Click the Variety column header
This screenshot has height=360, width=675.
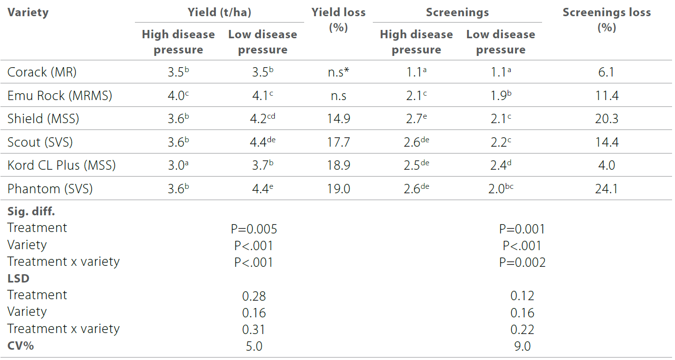pyautogui.click(x=28, y=13)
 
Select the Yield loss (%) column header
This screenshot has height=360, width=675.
pyautogui.click(x=338, y=20)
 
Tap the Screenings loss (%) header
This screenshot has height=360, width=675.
pyautogui.click(x=606, y=20)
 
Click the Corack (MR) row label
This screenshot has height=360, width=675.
pyautogui.click(x=42, y=73)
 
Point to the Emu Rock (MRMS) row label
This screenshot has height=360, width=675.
pyautogui.click(x=60, y=96)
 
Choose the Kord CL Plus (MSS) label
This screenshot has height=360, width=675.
pyautogui.click(x=62, y=165)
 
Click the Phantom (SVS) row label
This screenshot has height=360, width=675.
pyautogui.click(x=50, y=188)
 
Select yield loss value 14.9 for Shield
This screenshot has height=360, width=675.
pyautogui.click(x=338, y=119)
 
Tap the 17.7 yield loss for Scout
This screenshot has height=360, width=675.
pyautogui.click(x=338, y=142)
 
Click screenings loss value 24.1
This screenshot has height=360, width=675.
pyautogui.click(x=606, y=189)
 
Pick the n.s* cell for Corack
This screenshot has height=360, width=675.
pyautogui.click(x=338, y=73)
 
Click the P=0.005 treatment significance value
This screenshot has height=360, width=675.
pyautogui.click(x=254, y=229)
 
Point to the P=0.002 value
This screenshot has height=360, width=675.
pyautogui.click(x=522, y=262)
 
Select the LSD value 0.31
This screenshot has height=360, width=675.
pyautogui.click(x=254, y=330)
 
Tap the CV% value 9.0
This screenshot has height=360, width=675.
pyautogui.click(x=522, y=346)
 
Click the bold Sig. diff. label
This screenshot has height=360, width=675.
pyautogui.click(x=31, y=212)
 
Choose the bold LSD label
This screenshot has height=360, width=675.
pyautogui.click(x=19, y=279)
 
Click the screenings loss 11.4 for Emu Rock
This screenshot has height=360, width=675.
pyautogui.click(x=606, y=96)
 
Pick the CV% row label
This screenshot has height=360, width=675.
pyautogui.click(x=21, y=345)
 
